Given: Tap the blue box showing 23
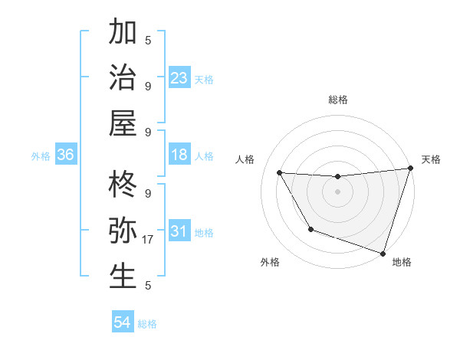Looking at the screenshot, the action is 179,78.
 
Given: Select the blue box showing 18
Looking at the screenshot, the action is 179,155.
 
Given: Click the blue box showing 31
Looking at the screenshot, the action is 179,231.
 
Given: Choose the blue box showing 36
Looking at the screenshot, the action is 66,155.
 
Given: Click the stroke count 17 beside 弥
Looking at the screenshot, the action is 149,240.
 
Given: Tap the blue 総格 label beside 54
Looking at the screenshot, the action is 147,324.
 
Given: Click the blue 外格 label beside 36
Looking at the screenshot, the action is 41,156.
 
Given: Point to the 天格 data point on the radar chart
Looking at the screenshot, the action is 410,169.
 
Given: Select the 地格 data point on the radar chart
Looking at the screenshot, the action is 383,252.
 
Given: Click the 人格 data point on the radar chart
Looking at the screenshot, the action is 280,173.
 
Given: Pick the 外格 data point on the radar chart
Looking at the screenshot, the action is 310,229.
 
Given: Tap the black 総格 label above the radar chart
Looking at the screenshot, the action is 338,100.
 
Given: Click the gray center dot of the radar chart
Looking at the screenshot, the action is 338,192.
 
